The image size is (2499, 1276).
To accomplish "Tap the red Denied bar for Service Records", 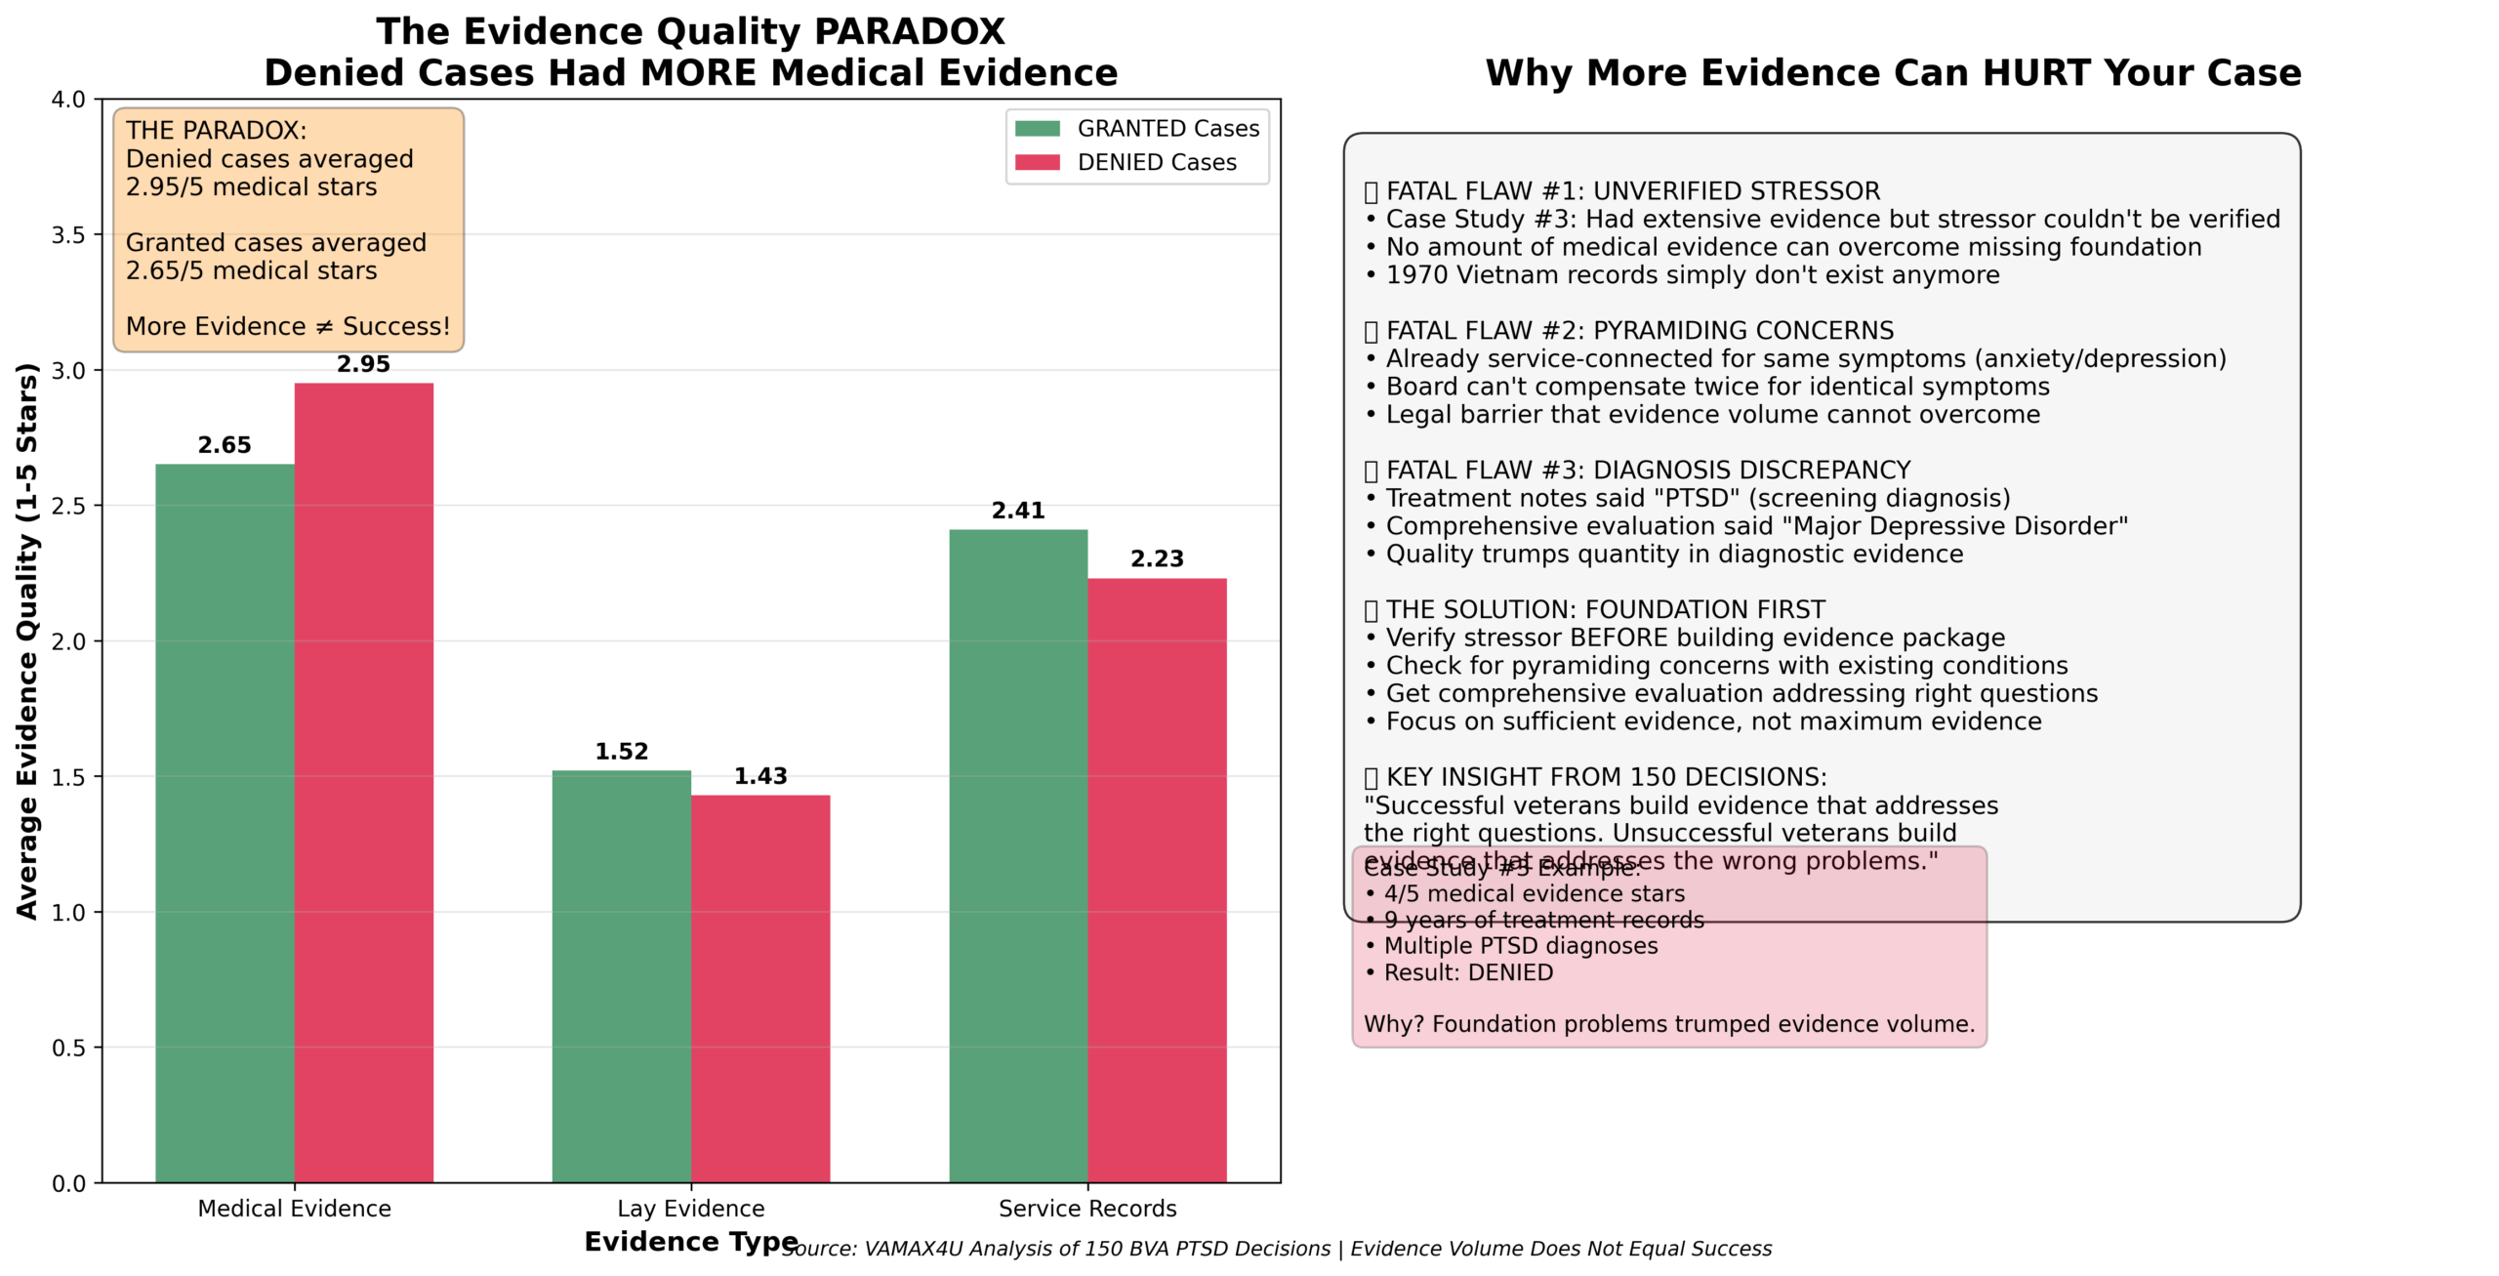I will [x=1157, y=879].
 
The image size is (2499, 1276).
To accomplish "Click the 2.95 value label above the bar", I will [x=363, y=364].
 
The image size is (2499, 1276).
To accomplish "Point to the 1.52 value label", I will [x=622, y=752].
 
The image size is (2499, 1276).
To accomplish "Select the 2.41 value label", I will [x=1018, y=511].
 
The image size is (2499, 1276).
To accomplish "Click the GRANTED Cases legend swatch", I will [x=1037, y=129].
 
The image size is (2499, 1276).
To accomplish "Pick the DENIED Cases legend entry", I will [x=1156, y=163].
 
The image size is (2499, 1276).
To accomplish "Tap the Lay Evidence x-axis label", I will [x=691, y=1209].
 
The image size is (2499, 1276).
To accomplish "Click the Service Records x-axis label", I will [x=1087, y=1209].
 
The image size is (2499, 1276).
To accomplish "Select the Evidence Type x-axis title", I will [x=691, y=1242].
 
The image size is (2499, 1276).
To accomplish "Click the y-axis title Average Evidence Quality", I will [x=27, y=640].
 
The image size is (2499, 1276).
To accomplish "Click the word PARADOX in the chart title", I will [x=909, y=31].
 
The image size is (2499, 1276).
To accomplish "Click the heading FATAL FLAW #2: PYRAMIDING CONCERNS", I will [x=1639, y=331].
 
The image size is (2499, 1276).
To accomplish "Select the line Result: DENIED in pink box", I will [x=1468, y=972].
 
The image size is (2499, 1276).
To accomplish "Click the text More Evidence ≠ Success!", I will [x=288, y=326].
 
